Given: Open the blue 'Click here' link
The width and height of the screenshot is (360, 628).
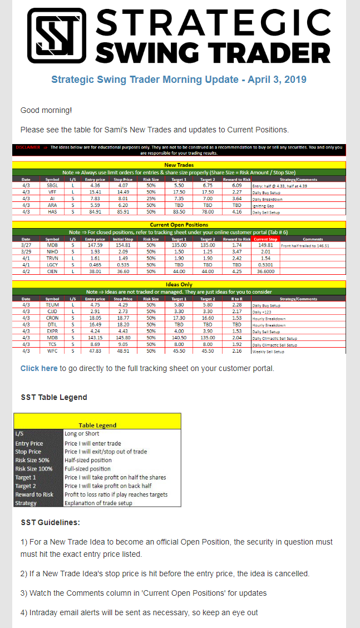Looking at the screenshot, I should (x=39, y=368).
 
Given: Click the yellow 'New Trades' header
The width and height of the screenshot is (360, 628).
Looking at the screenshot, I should (x=179, y=165).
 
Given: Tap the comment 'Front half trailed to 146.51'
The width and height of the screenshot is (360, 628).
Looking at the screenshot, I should (x=305, y=245).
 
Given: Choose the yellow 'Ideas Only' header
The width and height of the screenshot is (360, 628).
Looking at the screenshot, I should (x=179, y=285).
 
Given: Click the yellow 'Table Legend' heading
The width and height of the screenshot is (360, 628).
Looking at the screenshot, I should (x=97, y=425).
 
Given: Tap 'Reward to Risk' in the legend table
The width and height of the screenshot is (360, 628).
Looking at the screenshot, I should (x=34, y=495).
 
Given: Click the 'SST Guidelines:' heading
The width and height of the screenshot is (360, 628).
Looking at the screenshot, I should (x=50, y=522).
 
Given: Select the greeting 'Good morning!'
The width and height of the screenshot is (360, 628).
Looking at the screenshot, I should (x=46, y=110).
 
